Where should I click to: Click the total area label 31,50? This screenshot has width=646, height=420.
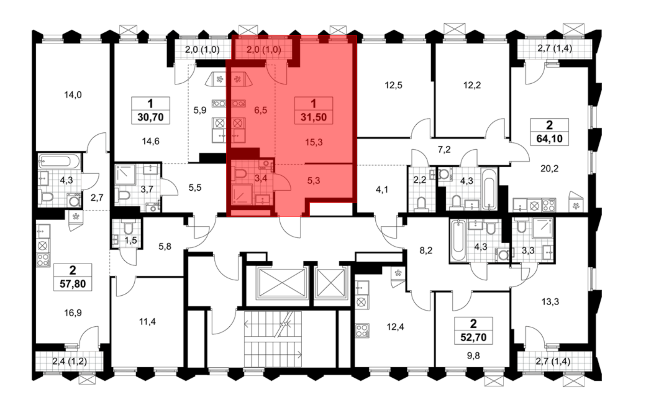pyautogui.click(x=313, y=117)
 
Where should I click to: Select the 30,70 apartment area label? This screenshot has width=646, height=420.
pyautogui.click(x=151, y=117)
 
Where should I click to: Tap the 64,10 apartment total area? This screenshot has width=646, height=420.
pyautogui.click(x=549, y=139)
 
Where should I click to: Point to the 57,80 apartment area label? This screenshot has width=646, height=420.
pyautogui.click(x=73, y=284)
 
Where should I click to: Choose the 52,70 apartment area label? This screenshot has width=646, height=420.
pyautogui.click(x=473, y=337)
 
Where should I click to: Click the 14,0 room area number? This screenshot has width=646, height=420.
pyautogui.click(x=73, y=95)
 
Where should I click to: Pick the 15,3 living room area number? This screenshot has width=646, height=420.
pyautogui.click(x=314, y=142)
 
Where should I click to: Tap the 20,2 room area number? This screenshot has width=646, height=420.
pyautogui.click(x=549, y=168)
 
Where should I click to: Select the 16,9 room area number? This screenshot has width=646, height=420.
pyautogui.click(x=73, y=313)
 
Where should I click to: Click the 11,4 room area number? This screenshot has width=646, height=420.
pyautogui.click(x=147, y=322)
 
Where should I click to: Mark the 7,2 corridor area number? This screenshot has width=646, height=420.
pyautogui.click(x=444, y=150)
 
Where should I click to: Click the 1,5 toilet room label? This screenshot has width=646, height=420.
pyautogui.click(x=130, y=240)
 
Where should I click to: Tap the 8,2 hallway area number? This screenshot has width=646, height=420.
pyautogui.click(x=426, y=250)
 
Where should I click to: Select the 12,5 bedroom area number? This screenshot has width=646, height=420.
pyautogui.click(x=393, y=85)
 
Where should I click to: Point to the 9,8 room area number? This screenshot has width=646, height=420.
pyautogui.click(x=473, y=356)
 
